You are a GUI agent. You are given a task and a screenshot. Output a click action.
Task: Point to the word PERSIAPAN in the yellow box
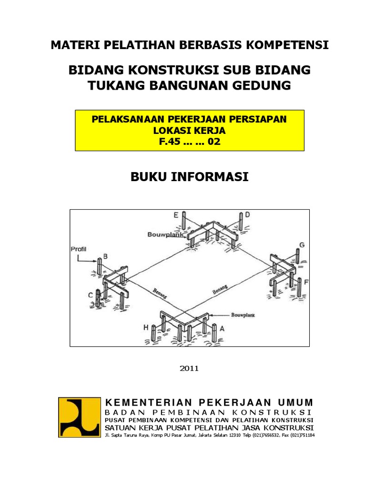[260, 119]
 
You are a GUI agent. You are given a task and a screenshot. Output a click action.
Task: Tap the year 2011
[190, 368]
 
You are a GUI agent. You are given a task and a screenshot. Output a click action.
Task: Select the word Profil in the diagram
[78, 248]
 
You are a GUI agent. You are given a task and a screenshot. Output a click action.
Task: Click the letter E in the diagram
[176, 215]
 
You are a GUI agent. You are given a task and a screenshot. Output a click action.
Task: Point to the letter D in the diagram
[247, 215]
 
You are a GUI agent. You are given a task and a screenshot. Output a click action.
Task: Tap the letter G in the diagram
[301, 245]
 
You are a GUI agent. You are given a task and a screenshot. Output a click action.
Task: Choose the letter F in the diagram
[306, 282]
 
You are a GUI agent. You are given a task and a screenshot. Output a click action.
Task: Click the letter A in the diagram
[221, 328]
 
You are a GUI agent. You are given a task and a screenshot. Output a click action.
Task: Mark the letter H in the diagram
[146, 328]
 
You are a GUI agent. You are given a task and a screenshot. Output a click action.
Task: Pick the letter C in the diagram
[90, 295]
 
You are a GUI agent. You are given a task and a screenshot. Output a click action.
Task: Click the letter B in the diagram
[106, 256]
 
